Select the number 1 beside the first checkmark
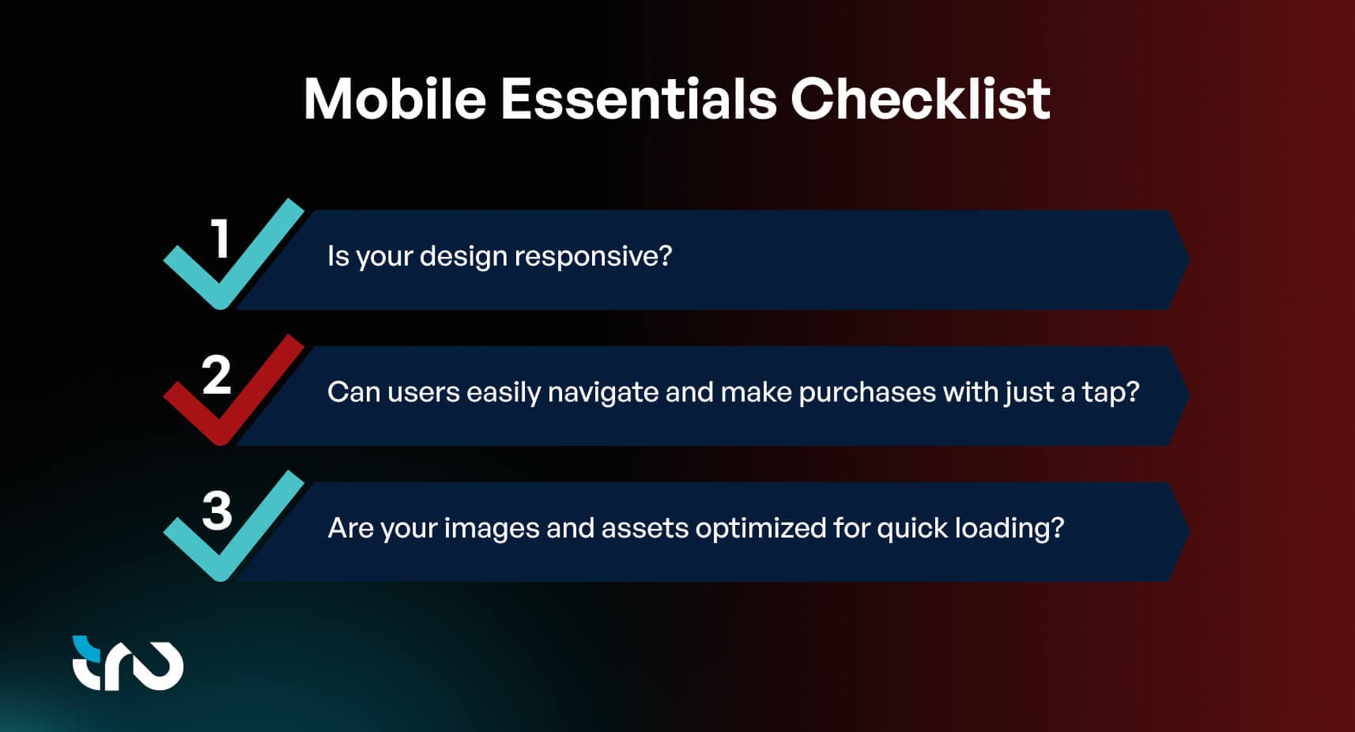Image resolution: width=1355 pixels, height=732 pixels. (221, 239)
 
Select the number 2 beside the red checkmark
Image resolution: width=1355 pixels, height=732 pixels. (216, 375)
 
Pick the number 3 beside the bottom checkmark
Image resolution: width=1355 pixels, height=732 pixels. (217, 511)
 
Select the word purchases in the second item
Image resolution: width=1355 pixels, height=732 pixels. (866, 392)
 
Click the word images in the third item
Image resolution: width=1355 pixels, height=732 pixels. (491, 527)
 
